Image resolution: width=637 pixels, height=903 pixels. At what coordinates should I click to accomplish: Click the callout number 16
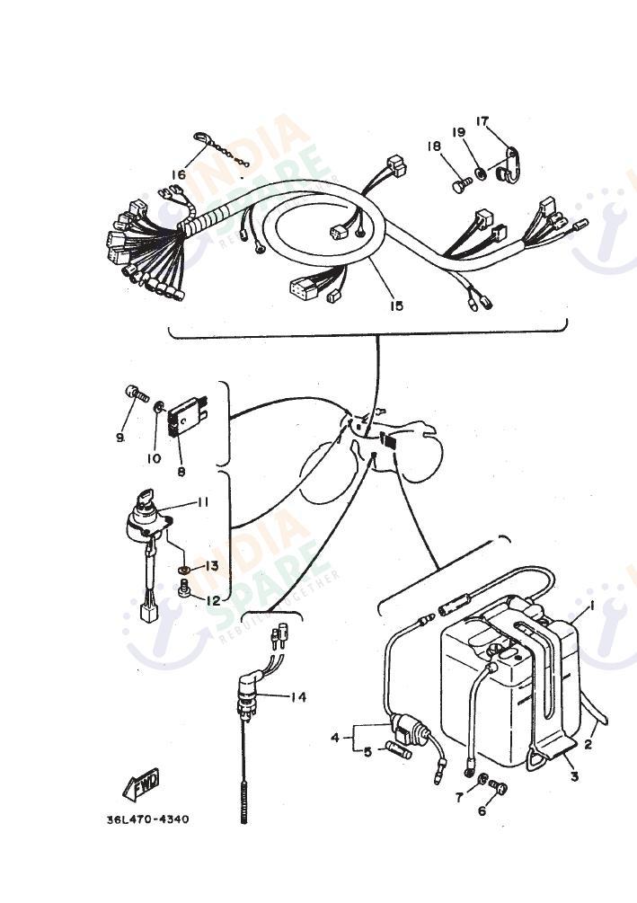[179, 174]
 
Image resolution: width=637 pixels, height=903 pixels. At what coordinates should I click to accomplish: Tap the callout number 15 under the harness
[396, 305]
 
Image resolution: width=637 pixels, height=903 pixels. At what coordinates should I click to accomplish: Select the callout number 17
[482, 121]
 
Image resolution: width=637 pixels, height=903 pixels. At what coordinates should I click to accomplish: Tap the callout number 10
[154, 458]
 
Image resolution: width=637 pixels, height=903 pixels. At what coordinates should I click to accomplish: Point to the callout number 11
[202, 502]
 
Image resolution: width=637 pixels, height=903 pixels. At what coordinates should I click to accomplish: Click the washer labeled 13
[184, 569]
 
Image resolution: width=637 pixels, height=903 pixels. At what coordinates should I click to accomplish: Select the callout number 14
[298, 696]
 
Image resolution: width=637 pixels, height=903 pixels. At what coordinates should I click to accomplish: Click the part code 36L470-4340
[147, 819]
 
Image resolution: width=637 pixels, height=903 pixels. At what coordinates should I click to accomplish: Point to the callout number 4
[335, 738]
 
